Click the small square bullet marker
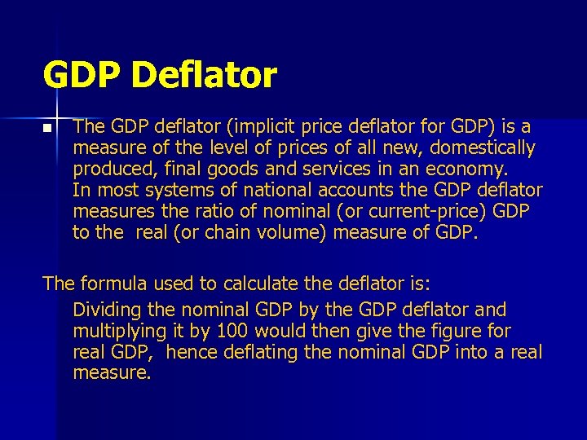[47, 129]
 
